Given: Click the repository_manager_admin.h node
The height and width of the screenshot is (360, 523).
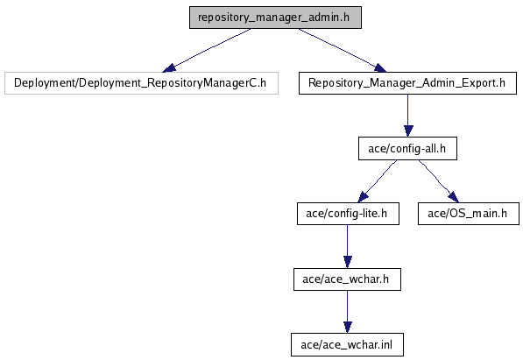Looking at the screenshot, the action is point(275,18).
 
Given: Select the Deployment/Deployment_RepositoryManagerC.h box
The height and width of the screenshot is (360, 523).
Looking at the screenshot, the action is point(141,83).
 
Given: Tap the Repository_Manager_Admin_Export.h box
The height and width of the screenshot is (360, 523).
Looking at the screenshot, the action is point(407,83).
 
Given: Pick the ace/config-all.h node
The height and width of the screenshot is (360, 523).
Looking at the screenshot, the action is point(407,149).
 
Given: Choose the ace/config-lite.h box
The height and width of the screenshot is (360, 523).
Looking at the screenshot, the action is point(348,214).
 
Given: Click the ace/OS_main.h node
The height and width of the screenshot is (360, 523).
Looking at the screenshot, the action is point(469,214).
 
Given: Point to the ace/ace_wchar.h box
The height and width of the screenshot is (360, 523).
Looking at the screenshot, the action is point(347,279).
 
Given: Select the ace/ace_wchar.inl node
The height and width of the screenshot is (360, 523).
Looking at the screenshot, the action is point(347,344).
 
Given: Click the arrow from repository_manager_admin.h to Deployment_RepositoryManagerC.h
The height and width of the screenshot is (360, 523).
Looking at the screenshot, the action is point(206,51).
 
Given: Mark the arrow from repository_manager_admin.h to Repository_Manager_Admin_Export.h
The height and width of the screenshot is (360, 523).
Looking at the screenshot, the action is point(343,51).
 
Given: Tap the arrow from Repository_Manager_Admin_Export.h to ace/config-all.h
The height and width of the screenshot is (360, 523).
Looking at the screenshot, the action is point(408,116).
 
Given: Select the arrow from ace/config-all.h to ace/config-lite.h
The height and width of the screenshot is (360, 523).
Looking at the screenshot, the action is point(378,181).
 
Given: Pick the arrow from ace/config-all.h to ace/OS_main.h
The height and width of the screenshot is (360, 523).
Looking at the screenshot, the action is point(439,181).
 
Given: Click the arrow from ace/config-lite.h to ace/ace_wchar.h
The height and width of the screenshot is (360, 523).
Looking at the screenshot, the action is point(347,246).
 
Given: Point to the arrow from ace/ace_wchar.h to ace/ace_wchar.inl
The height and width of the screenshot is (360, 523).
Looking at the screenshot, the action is point(347,312).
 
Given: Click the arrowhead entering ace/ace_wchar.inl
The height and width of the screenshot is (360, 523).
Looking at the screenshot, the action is point(348,328).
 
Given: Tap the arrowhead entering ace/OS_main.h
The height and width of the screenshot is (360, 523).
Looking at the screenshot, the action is point(454,197).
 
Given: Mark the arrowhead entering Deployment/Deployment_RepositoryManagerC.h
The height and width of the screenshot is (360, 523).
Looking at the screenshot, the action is point(169,68).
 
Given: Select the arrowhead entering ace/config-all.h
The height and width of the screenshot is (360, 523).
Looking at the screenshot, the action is point(408,131).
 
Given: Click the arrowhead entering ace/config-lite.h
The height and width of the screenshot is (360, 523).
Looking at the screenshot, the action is point(363,197).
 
